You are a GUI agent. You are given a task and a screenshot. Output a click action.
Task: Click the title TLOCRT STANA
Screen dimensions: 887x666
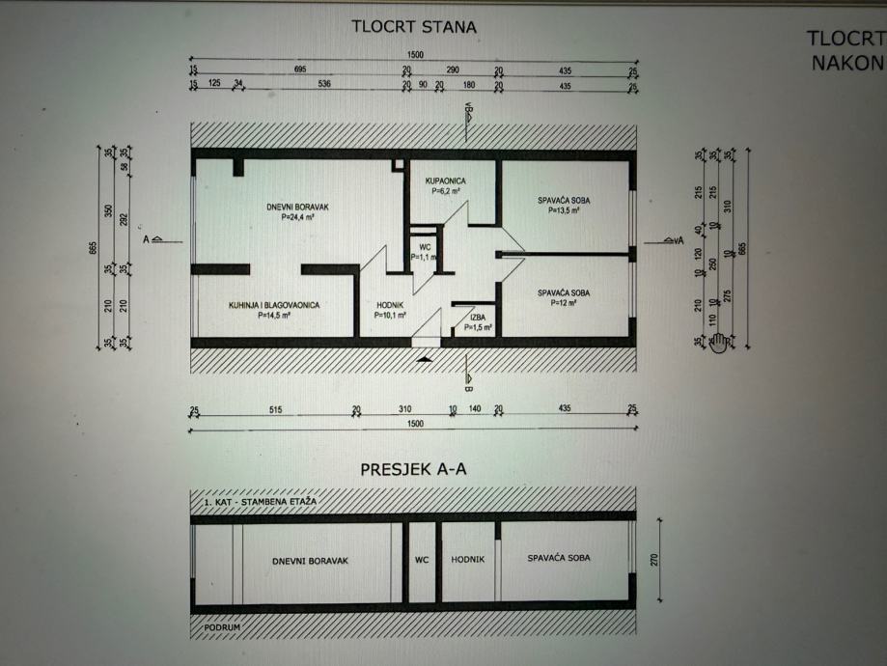(413, 27)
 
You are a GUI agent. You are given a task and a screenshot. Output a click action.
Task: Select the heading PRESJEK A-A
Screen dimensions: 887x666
(413, 471)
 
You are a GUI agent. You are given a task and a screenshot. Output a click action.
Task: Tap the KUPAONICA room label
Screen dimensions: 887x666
(446, 180)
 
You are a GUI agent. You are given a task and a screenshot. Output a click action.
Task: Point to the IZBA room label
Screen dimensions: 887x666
(478, 317)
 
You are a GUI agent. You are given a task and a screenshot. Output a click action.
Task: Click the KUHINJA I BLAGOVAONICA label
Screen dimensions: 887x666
(274, 305)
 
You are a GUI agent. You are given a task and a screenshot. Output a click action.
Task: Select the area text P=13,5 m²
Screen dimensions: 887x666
(563, 210)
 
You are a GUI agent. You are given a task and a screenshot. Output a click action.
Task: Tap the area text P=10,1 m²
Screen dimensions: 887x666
(390, 315)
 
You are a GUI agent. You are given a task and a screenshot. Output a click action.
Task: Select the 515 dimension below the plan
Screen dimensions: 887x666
(275, 411)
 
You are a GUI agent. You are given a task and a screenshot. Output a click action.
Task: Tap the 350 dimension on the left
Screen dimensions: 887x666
(109, 211)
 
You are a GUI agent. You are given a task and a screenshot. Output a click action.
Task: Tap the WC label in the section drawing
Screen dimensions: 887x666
(421, 559)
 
